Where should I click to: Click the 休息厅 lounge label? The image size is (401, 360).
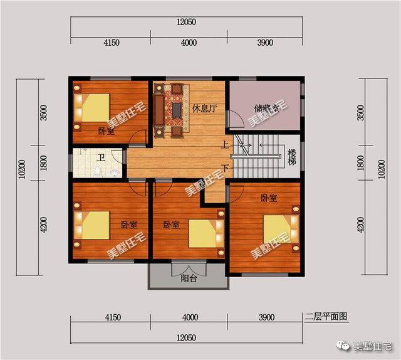coord(204,108)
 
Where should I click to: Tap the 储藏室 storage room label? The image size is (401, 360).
coord(266,108)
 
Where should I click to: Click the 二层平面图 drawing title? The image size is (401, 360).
coord(326,317)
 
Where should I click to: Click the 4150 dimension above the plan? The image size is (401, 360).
coord(111,43)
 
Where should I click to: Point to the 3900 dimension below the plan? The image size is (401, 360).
coord(265,317)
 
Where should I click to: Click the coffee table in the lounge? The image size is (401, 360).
coord(177,110)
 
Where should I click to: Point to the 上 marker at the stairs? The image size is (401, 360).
coord(225,146)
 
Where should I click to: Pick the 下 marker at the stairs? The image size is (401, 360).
coord(225,167)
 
